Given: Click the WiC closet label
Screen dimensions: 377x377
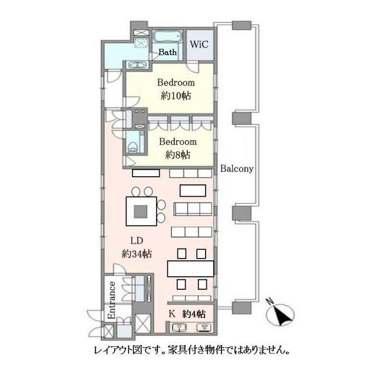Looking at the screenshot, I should (199, 44).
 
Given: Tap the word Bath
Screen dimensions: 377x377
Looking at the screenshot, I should (167, 52).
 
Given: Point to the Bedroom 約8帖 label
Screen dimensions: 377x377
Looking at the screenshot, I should (177, 148).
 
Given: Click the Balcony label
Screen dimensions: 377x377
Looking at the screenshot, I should (237, 168).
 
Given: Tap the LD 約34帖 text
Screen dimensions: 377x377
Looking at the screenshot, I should (137, 247).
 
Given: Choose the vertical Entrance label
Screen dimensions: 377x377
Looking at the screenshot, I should (111, 301).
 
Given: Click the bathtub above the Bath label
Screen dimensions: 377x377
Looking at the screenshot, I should (168, 37).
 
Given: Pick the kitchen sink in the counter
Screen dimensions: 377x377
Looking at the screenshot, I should (181, 328).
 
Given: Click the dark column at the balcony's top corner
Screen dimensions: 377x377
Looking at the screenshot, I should (238, 25).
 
